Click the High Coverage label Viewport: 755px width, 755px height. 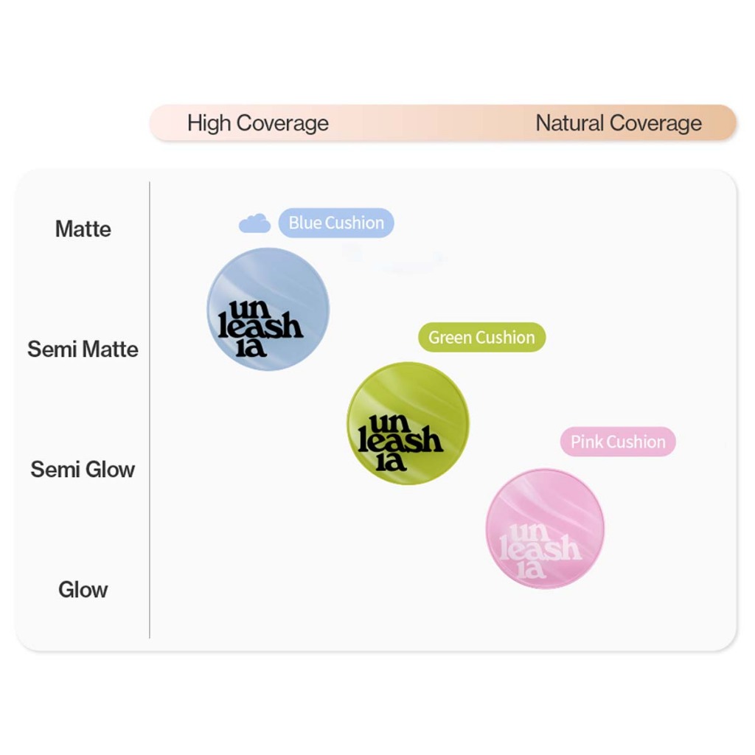257,123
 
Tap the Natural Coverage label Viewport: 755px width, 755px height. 618,123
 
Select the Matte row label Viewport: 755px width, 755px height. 83,229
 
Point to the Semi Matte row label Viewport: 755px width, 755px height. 83,349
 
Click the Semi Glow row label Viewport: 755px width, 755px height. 83,470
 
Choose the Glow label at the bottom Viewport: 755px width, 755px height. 83,590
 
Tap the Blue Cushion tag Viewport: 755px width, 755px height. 336,223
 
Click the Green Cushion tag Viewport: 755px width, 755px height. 481,338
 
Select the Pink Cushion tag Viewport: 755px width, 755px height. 618,442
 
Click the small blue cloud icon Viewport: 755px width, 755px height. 255,223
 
